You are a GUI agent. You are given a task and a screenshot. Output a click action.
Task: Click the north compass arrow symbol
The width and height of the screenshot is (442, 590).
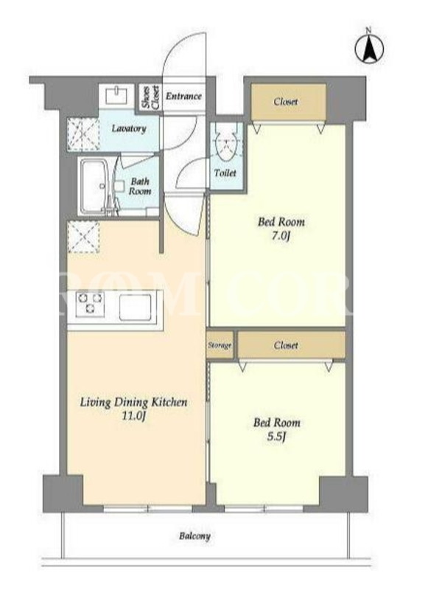pos(370,48)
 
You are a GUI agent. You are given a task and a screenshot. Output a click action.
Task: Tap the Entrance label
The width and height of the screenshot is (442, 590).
pos(183,97)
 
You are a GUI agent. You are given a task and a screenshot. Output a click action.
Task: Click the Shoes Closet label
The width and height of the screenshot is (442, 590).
pos(150,97)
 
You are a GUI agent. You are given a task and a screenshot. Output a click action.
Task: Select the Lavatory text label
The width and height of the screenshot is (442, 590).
pos(129,128)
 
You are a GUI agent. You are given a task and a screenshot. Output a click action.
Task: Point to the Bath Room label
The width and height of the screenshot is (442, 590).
pos(140,187)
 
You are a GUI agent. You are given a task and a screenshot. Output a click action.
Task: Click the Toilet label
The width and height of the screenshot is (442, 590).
pos(225,173)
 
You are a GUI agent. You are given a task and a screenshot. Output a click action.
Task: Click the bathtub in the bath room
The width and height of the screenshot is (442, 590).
pos(95,187)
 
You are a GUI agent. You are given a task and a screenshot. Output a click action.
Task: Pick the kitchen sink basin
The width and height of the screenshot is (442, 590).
pos(136,307)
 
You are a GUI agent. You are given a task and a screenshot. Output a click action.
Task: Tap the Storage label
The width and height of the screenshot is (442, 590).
pos(220,345)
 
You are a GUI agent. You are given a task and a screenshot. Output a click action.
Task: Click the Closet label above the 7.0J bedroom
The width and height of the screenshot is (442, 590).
pos(286,102)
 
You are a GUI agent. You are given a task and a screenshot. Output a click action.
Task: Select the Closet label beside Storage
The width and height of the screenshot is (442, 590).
pos(286,345)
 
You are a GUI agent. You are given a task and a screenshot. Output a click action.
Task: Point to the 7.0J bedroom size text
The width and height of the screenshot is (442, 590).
pos(281,236)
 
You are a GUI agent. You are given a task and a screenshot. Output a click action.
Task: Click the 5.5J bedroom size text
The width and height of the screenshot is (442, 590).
pos(277,437)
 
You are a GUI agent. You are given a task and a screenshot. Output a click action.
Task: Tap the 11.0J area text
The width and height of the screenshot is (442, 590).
pos(133,416)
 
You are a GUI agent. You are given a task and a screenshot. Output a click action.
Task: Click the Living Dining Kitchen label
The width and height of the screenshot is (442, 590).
pos(133,402)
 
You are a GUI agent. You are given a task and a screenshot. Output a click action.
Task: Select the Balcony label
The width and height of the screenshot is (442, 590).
pos(194,536)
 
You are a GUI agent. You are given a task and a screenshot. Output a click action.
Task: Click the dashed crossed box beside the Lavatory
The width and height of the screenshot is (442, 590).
pos(83,134)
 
